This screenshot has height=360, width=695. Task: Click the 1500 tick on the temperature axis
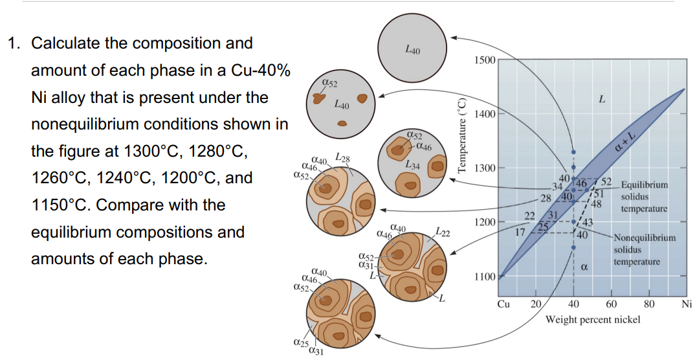coord(485,60)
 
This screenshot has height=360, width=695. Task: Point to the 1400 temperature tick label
coord(485,114)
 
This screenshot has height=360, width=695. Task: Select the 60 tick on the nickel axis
coord(612,304)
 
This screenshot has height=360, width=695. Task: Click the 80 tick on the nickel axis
coord(650,304)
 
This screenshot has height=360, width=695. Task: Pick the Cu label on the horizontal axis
coord(503,304)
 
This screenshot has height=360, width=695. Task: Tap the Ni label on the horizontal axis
coord(687,304)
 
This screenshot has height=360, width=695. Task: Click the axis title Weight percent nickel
coord(593,319)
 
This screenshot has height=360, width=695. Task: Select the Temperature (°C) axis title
coord(461,135)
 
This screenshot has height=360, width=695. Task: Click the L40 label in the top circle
coord(412,49)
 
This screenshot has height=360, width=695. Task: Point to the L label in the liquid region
coord(602,100)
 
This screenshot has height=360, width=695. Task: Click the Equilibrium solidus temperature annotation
coord(644,197)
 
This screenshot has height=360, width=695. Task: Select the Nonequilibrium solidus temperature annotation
coord(644,249)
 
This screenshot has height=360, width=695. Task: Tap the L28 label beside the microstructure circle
coord(342,158)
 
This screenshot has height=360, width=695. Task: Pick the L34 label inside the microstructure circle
coord(412,166)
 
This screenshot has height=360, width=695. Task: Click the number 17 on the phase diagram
coord(520,231)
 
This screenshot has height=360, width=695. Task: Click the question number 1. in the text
coord(15,43)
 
